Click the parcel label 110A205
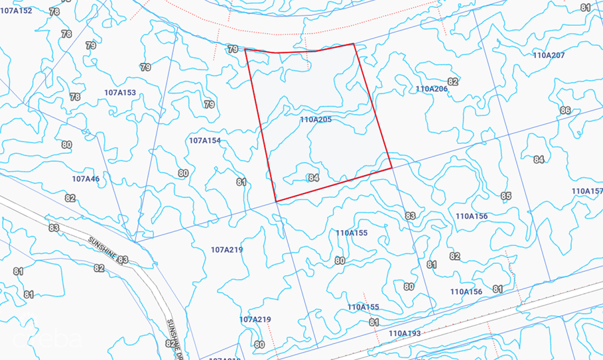[x=316, y=120]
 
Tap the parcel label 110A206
[x=432, y=89]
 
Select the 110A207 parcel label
[x=549, y=55]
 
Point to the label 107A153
[x=120, y=93]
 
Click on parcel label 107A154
[x=205, y=141]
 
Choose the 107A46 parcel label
[x=86, y=179]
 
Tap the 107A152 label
[x=17, y=11]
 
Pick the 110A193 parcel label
[x=405, y=333]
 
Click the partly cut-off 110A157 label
[x=588, y=191]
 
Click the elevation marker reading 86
[x=565, y=110]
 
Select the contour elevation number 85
[x=507, y=196]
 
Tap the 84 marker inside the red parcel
[x=314, y=178]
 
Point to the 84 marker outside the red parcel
[x=539, y=159]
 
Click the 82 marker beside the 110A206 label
[x=453, y=82]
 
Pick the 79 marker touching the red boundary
[x=232, y=49]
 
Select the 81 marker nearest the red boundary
[x=241, y=182]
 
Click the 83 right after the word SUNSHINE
[x=122, y=260]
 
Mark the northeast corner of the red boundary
[x=354, y=44]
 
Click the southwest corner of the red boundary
[x=276, y=202]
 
